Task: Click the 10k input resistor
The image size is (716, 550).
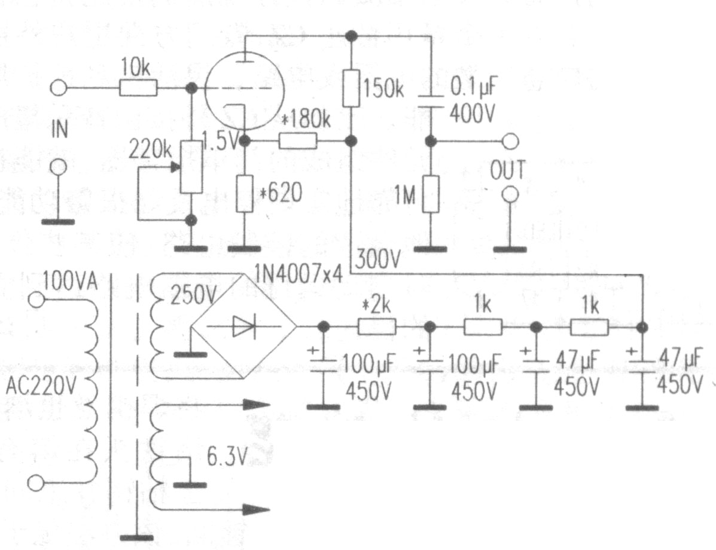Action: click(138, 88)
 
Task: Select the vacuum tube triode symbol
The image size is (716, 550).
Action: click(244, 90)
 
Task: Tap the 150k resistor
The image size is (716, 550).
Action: click(351, 88)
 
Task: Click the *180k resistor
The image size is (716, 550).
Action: click(298, 141)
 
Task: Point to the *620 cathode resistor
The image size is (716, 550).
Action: click(245, 194)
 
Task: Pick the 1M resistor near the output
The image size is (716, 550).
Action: click(431, 194)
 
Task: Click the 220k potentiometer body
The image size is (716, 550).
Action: click(191, 167)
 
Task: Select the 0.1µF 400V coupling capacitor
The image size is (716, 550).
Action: click(431, 101)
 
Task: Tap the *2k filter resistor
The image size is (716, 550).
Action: click(377, 327)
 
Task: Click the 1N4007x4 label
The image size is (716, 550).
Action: click(298, 274)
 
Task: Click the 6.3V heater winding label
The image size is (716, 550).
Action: click(227, 456)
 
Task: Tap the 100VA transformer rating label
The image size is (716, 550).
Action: click(70, 282)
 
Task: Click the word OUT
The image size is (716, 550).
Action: click(508, 171)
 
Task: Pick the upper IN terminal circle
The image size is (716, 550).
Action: click(58, 88)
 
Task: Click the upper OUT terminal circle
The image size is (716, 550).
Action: click(510, 142)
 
